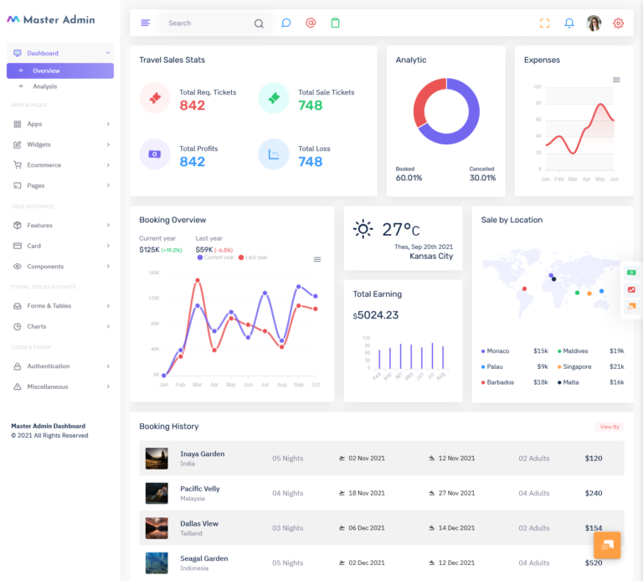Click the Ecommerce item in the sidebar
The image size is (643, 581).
(x=44, y=165)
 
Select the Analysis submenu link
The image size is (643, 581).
(x=45, y=86)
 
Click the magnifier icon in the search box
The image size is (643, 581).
(x=259, y=23)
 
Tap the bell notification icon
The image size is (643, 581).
(x=569, y=23)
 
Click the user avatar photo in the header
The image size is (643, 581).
(x=594, y=23)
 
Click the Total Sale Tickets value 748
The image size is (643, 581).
(x=310, y=106)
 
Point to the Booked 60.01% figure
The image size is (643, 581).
(x=409, y=178)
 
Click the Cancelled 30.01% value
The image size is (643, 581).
(x=482, y=178)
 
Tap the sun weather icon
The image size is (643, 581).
(x=363, y=229)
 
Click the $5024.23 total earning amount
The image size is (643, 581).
(x=378, y=315)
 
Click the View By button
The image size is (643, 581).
(x=609, y=427)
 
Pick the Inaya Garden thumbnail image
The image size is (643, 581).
(x=157, y=459)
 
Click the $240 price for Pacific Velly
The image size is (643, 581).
(x=593, y=493)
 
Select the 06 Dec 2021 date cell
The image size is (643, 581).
(x=366, y=528)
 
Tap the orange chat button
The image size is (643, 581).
(x=607, y=545)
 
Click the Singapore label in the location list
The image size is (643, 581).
(x=577, y=366)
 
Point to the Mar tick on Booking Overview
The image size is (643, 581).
(x=197, y=384)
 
